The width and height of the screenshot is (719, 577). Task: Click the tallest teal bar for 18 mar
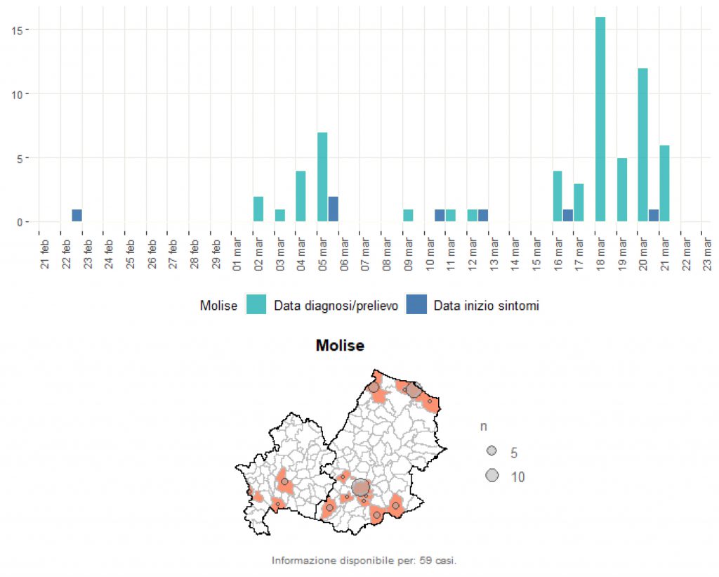pos(600,119)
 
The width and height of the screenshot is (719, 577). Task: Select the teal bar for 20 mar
pos(642,145)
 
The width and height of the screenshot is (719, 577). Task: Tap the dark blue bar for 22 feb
pos(77,216)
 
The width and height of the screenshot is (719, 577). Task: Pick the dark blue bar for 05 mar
pos(334,209)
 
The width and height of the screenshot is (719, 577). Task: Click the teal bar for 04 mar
pos(301,196)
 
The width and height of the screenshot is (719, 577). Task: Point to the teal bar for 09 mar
pos(408,216)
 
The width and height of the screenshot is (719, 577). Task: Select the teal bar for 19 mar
pos(621,190)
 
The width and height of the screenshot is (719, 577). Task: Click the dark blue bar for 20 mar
pos(653,216)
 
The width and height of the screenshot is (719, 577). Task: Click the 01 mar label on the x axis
pos(237,257)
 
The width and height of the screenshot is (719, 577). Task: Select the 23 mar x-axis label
pos(708,257)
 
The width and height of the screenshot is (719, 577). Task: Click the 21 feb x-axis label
pos(45,257)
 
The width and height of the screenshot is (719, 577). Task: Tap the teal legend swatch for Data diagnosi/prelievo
pos(256,306)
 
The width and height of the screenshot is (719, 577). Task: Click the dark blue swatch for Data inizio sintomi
pos(416,306)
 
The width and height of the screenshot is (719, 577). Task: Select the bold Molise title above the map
pos(340,346)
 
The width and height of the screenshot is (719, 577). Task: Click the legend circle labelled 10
pos(492,476)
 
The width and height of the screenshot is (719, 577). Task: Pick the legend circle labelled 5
pos(492,450)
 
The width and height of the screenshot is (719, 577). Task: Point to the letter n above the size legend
pos(484,427)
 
